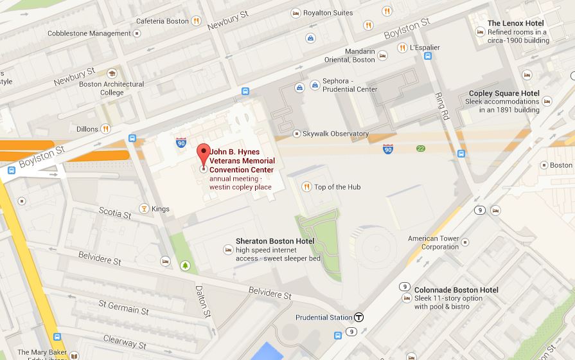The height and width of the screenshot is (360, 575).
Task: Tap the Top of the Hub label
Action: [x=337, y=187]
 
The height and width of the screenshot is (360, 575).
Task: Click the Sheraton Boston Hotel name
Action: [x=274, y=241]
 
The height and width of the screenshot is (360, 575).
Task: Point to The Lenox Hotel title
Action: [x=515, y=23]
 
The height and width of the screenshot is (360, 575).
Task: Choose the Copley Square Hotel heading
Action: [x=504, y=93]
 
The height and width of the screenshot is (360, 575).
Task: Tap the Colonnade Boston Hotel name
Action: [x=456, y=290]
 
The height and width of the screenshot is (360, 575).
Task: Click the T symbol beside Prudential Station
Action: [x=359, y=317]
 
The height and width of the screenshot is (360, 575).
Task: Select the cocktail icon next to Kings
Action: [x=144, y=208]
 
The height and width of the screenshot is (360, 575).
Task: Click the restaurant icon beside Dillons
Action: [x=105, y=129]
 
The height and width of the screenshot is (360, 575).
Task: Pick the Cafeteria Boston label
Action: [x=162, y=21]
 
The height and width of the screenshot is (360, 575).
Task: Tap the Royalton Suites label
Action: [x=328, y=13]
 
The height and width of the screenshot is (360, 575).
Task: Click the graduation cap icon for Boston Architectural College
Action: [x=112, y=73]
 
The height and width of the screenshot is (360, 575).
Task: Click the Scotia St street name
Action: [x=115, y=212]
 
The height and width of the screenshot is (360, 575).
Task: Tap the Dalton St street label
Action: [x=203, y=301]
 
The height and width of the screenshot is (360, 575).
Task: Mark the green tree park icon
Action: [x=186, y=264]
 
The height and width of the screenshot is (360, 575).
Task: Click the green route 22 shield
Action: [x=421, y=148]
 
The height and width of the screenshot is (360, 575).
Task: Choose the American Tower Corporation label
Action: [x=434, y=242]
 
